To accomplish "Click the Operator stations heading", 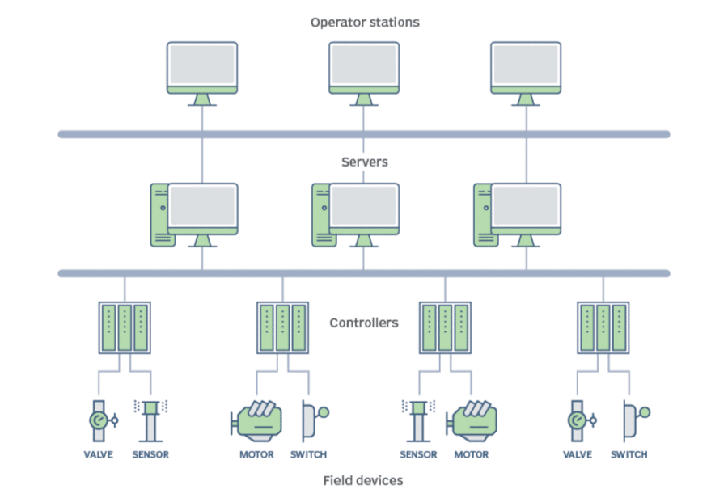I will (x=365, y=22).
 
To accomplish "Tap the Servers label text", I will (x=364, y=162).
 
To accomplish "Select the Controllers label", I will (x=364, y=323).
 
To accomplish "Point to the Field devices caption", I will (x=363, y=480).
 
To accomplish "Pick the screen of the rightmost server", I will (x=527, y=207).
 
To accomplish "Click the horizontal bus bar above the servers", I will (x=364, y=134).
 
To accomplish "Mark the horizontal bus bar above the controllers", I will (x=364, y=273).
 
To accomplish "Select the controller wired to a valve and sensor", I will (x=125, y=327).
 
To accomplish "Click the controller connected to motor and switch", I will (x=282, y=327).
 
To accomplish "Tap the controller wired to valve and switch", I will (x=603, y=327).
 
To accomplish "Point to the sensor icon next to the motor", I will (x=418, y=417).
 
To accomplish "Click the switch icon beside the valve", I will (x=633, y=419).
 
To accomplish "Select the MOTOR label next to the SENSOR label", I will (x=472, y=454).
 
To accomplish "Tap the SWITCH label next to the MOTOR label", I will (x=308, y=454).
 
